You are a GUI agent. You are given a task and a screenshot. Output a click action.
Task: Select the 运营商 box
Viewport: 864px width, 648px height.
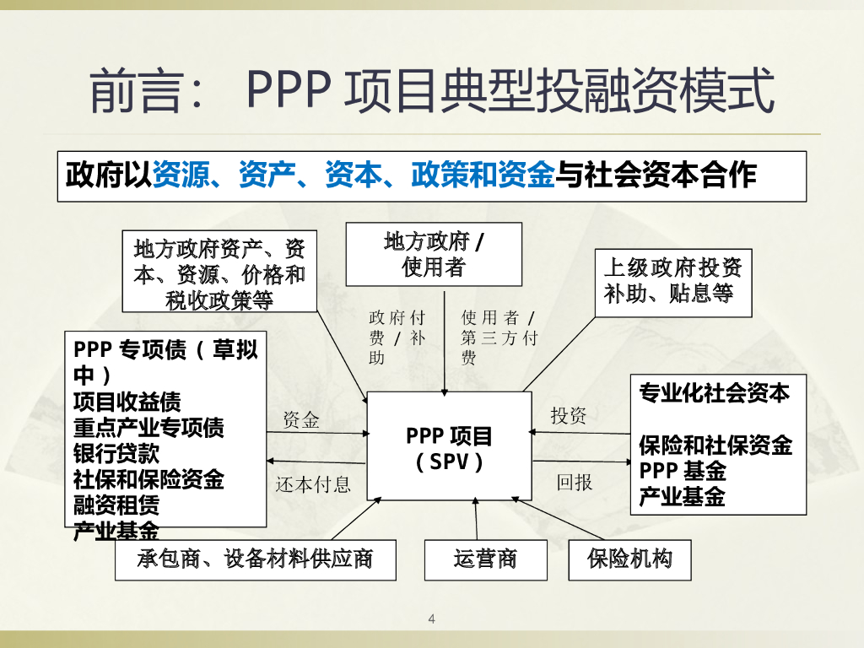click(x=485, y=559)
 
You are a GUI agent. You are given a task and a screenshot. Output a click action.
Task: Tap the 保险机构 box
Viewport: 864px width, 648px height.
click(x=630, y=559)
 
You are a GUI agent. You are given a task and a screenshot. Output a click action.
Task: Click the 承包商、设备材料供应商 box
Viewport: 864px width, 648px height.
click(x=255, y=559)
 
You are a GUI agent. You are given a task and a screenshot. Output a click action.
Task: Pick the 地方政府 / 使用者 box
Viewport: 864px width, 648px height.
click(x=434, y=254)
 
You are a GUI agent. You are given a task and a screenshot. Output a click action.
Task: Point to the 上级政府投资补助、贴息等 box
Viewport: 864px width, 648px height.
click(x=672, y=282)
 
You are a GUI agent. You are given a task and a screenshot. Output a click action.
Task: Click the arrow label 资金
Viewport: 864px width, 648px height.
click(x=301, y=420)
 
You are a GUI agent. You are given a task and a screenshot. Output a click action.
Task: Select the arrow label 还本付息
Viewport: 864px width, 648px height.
click(x=313, y=485)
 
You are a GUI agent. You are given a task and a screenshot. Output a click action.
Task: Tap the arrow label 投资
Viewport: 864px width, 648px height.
click(x=569, y=416)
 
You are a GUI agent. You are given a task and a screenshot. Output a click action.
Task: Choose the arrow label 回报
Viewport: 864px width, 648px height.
click(x=575, y=483)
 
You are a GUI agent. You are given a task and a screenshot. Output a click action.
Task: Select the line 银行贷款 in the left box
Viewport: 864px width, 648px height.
click(x=116, y=453)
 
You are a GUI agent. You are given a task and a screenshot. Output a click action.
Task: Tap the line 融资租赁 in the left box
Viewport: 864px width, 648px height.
click(x=116, y=505)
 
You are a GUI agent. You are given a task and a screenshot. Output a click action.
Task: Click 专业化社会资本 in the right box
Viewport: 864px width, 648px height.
click(x=714, y=393)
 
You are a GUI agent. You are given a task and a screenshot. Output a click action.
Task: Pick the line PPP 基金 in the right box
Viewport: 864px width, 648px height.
click(x=682, y=470)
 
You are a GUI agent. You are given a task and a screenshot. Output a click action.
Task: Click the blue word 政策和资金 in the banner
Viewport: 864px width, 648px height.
click(x=483, y=175)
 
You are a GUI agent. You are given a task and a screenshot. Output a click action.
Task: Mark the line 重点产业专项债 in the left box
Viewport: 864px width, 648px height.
click(x=148, y=427)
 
